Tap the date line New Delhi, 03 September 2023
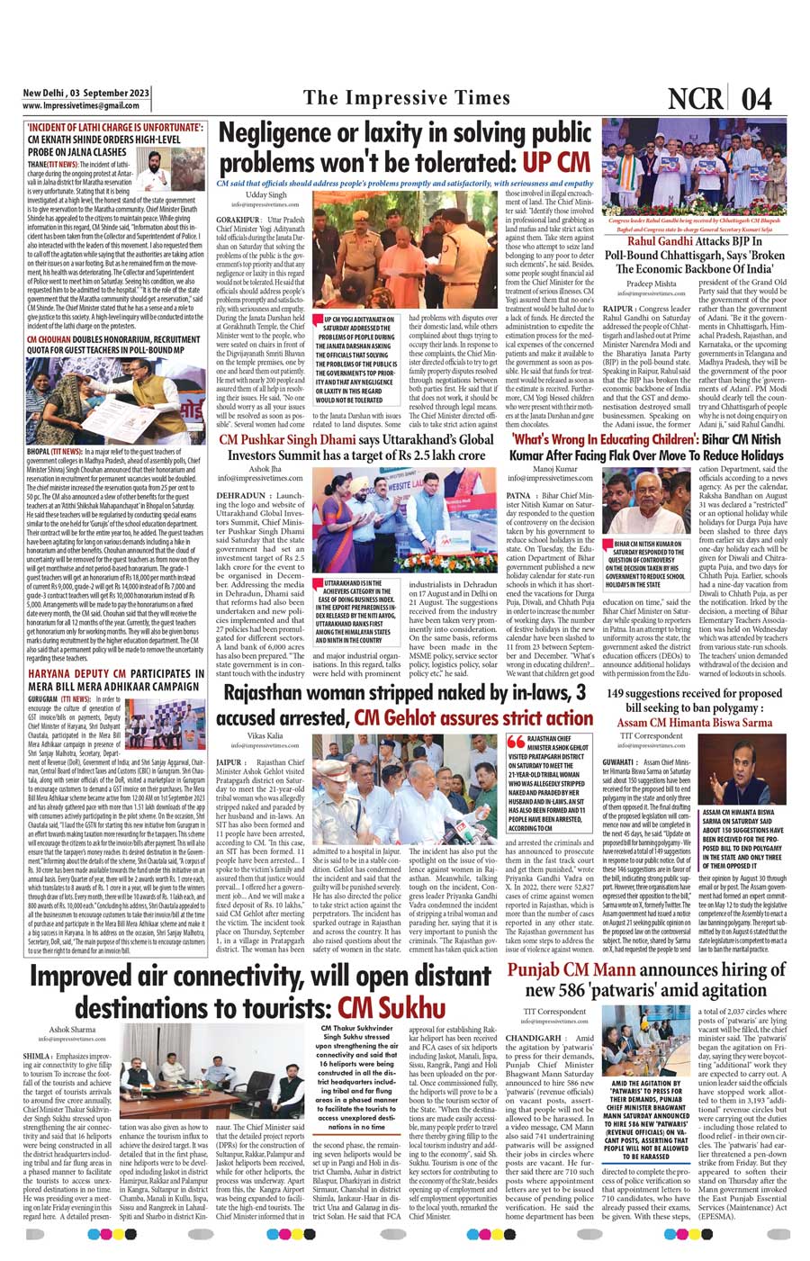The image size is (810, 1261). pyautogui.click(x=85, y=93)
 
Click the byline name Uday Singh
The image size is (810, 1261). pyautogui.click(x=266, y=194)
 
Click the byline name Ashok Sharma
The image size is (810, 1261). pyautogui.click(x=72, y=1028)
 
